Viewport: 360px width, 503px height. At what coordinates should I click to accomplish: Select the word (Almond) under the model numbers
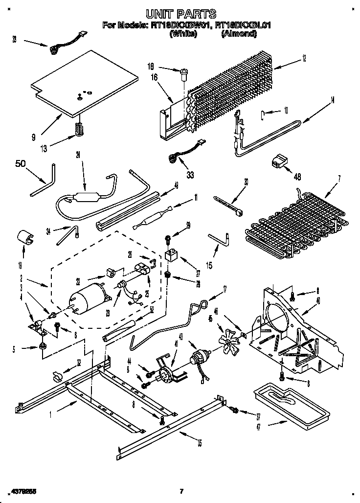click(x=238, y=34)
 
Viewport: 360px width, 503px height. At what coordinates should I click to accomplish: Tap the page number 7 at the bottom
click(x=180, y=491)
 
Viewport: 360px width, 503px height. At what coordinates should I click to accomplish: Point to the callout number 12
click(x=304, y=58)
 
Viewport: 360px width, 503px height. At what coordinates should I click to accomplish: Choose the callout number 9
click(x=33, y=137)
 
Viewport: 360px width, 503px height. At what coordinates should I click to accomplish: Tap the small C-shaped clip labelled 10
click(x=263, y=115)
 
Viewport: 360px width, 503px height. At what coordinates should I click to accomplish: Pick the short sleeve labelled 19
click(x=25, y=237)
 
